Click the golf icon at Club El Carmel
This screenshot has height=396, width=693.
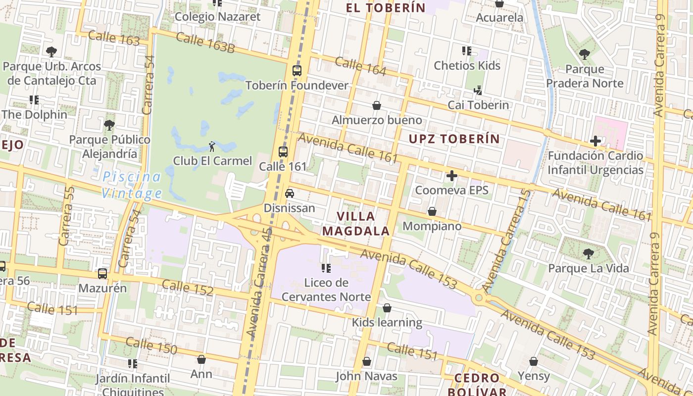[x=212, y=146]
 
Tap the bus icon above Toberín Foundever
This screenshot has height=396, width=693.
[x=297, y=71]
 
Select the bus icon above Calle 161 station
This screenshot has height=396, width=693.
[x=283, y=152]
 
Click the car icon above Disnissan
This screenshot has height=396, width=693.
[x=290, y=194]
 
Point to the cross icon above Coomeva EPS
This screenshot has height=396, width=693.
[x=451, y=176]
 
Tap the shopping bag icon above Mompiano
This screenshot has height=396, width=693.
[x=432, y=212]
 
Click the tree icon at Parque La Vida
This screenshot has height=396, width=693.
[x=588, y=254]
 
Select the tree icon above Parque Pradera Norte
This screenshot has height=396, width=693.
[x=584, y=54]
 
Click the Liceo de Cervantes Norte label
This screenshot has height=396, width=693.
[x=326, y=290]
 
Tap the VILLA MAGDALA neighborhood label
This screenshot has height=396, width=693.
[x=355, y=224]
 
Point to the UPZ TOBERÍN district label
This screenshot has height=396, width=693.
[x=454, y=139]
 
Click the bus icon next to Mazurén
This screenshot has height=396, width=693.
[x=102, y=273]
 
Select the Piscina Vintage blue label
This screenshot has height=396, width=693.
[x=132, y=185]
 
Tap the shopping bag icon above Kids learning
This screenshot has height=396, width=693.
[x=387, y=308]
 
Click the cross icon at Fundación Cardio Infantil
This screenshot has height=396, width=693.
[x=595, y=141]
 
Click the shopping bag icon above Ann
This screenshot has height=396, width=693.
[x=201, y=359]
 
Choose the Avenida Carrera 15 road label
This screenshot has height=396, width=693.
[x=506, y=241]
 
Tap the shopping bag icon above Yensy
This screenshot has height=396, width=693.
[x=534, y=362]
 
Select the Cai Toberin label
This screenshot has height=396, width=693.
[x=478, y=105]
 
